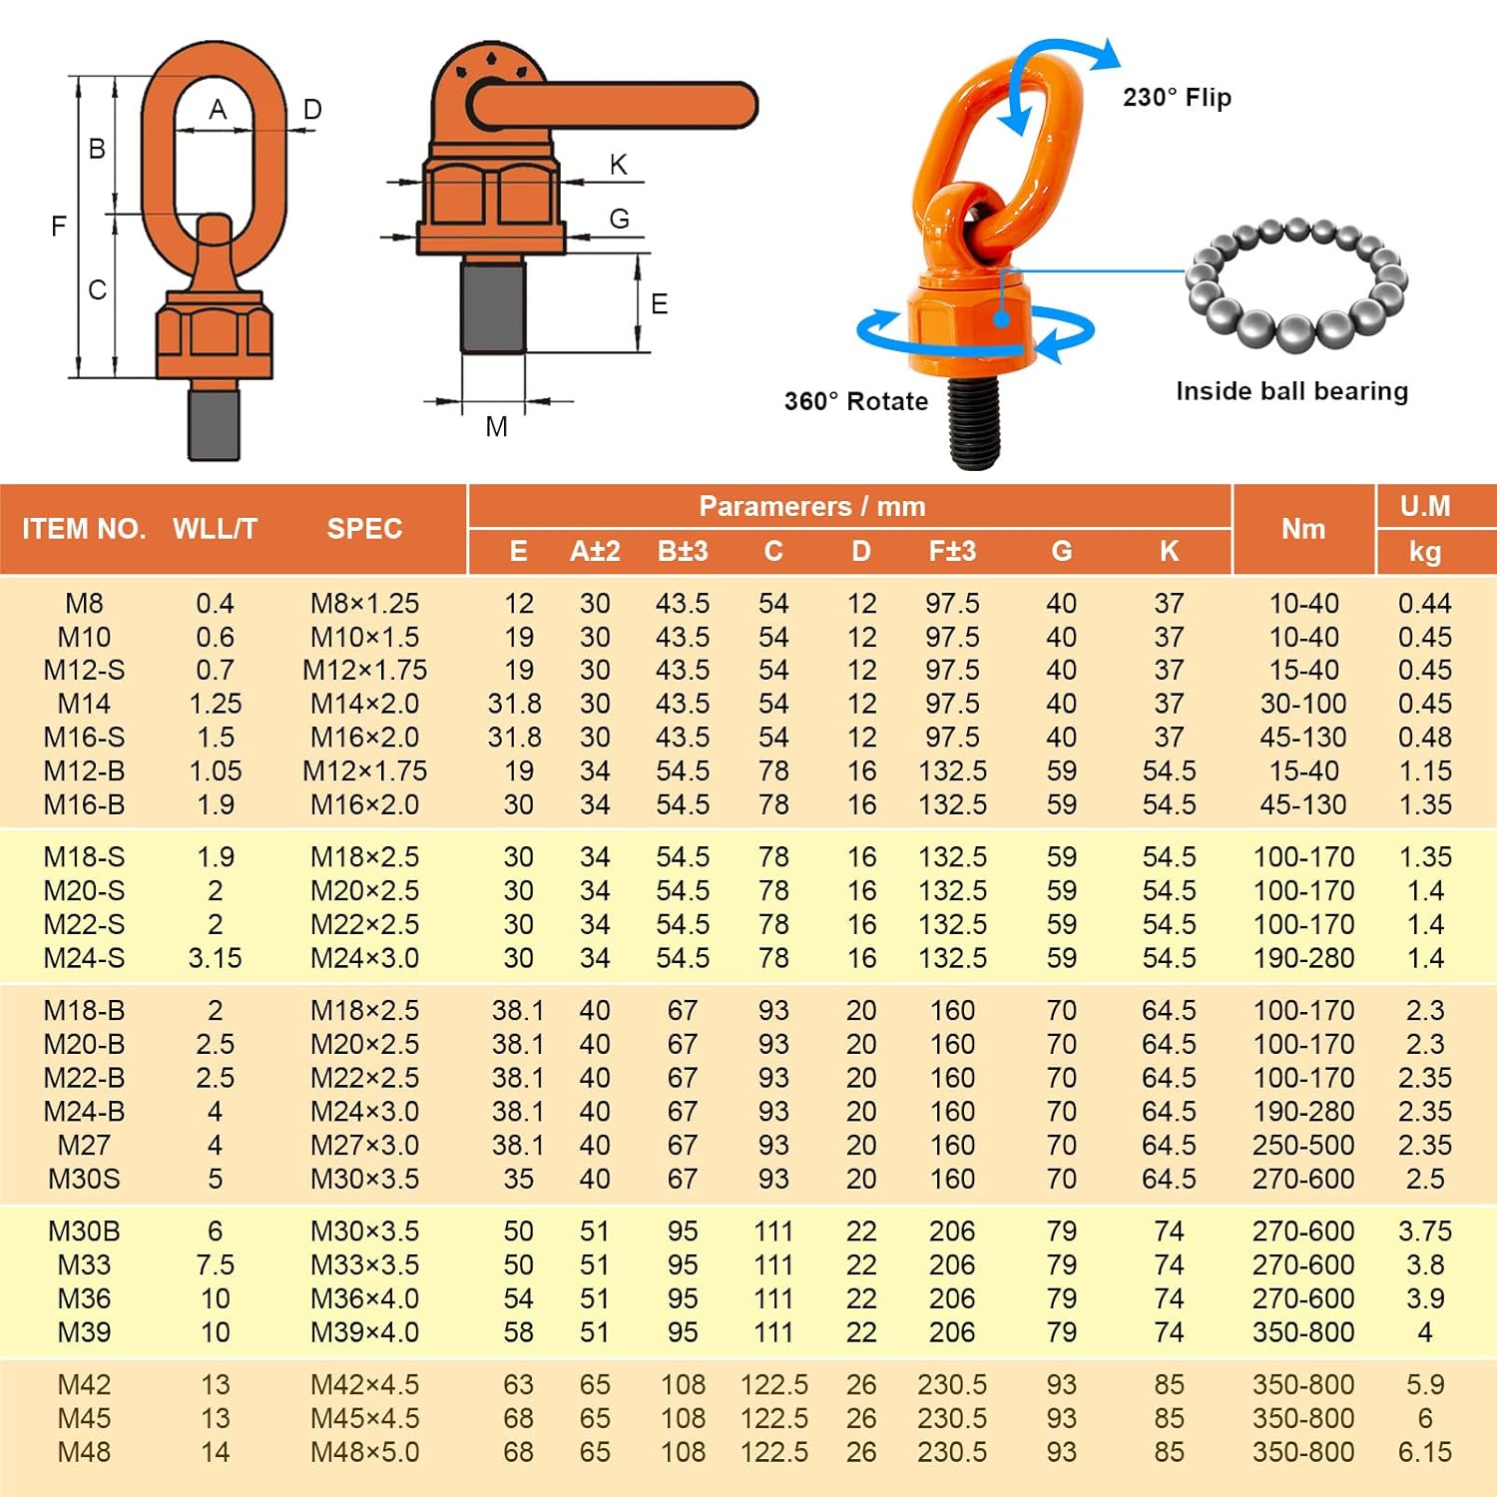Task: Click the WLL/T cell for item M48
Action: [215, 1452]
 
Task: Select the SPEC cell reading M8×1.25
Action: [364, 604]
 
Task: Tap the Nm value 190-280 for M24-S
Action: [1303, 958]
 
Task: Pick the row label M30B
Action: [84, 1232]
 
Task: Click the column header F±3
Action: [952, 551]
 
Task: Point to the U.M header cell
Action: [1424, 506]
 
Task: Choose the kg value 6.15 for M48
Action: [1424, 1452]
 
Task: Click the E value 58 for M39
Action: [518, 1332]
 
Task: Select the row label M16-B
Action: [84, 804]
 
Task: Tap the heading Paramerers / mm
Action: [811, 506]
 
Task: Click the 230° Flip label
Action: [1177, 98]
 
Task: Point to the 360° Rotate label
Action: [855, 401]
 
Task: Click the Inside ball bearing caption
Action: [1291, 391]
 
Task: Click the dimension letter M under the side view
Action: [496, 427]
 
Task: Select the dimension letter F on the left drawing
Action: [59, 227]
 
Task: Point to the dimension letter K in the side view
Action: [619, 165]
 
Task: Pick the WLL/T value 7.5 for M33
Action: [215, 1265]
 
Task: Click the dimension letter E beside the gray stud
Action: [659, 304]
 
